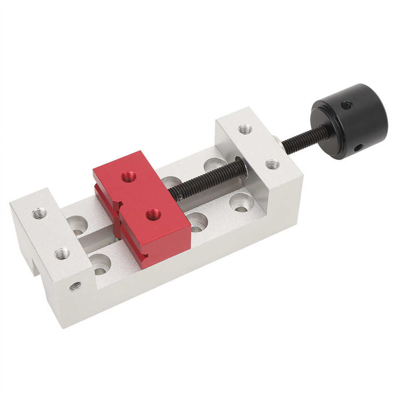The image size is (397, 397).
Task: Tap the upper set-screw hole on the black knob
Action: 346,105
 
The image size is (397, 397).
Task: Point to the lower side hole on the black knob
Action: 359,147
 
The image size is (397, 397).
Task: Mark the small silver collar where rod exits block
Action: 277,140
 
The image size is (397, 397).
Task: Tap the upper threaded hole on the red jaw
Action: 128,176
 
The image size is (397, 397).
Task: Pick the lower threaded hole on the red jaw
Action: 154,215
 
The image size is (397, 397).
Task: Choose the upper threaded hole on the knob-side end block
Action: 245,129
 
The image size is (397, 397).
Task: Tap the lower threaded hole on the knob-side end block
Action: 272,165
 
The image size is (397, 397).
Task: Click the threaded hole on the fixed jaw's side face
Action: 75,286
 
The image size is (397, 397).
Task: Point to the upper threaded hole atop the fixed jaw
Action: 39,213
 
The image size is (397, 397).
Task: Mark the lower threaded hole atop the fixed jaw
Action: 62,253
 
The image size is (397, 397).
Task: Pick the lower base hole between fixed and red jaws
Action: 100,263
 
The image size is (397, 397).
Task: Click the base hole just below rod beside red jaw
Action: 197,222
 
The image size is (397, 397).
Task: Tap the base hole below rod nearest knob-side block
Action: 241,202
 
